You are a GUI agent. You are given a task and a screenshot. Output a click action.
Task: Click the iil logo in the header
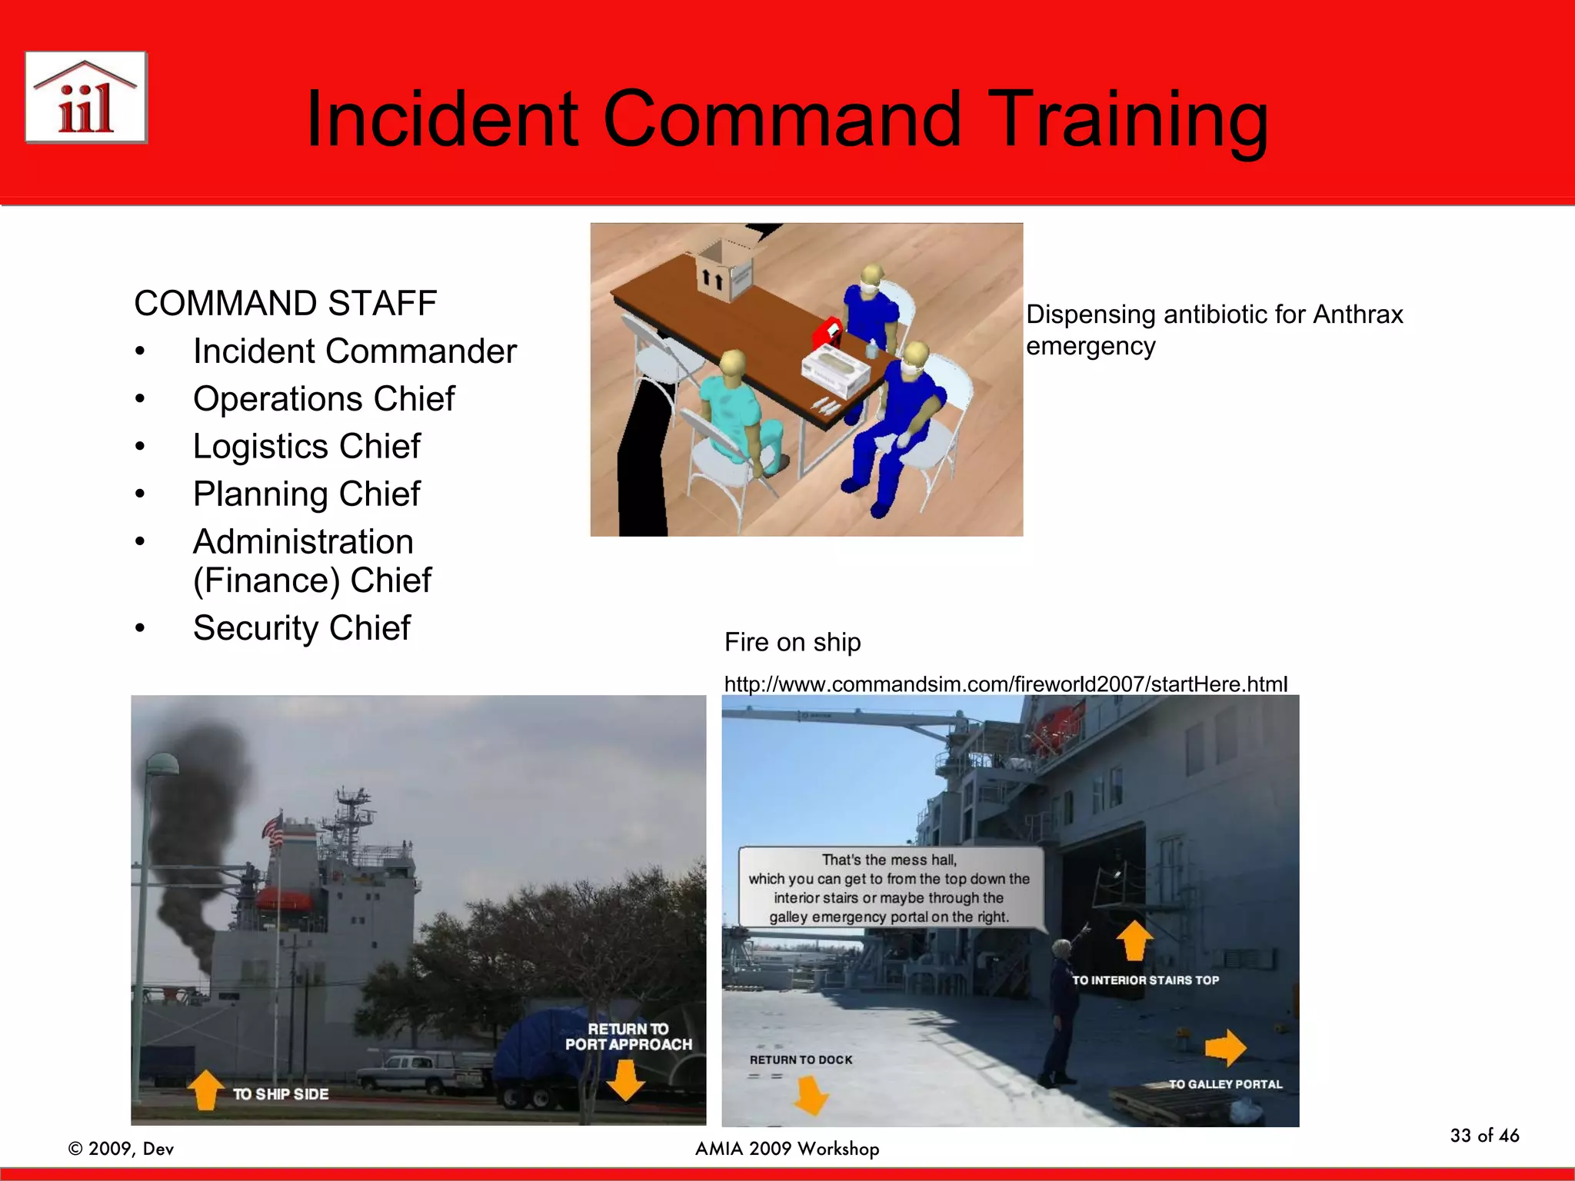click(86, 98)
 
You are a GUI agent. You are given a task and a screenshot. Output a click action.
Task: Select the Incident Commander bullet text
click(355, 351)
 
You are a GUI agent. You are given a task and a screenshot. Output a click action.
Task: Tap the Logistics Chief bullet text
click(307, 447)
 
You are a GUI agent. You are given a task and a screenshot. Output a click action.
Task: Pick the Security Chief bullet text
click(301, 628)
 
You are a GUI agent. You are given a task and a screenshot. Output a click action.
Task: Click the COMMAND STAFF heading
click(285, 303)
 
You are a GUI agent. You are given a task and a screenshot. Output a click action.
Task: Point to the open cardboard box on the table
click(723, 269)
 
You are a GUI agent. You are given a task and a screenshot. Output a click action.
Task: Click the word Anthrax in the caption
click(1357, 314)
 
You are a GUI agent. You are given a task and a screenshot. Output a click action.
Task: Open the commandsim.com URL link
click(1005, 684)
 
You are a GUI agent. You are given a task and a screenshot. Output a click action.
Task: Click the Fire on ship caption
click(792, 642)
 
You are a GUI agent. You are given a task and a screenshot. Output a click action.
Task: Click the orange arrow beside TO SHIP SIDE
click(205, 1090)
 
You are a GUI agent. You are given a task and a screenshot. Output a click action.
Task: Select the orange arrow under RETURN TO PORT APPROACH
click(625, 1080)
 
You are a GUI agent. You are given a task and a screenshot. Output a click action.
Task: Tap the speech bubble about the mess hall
click(890, 888)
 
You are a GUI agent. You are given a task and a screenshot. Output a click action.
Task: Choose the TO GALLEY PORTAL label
click(1225, 1084)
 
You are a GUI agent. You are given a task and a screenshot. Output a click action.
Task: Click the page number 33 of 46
click(1484, 1136)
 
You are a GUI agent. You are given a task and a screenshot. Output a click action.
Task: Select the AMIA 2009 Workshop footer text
click(787, 1149)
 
